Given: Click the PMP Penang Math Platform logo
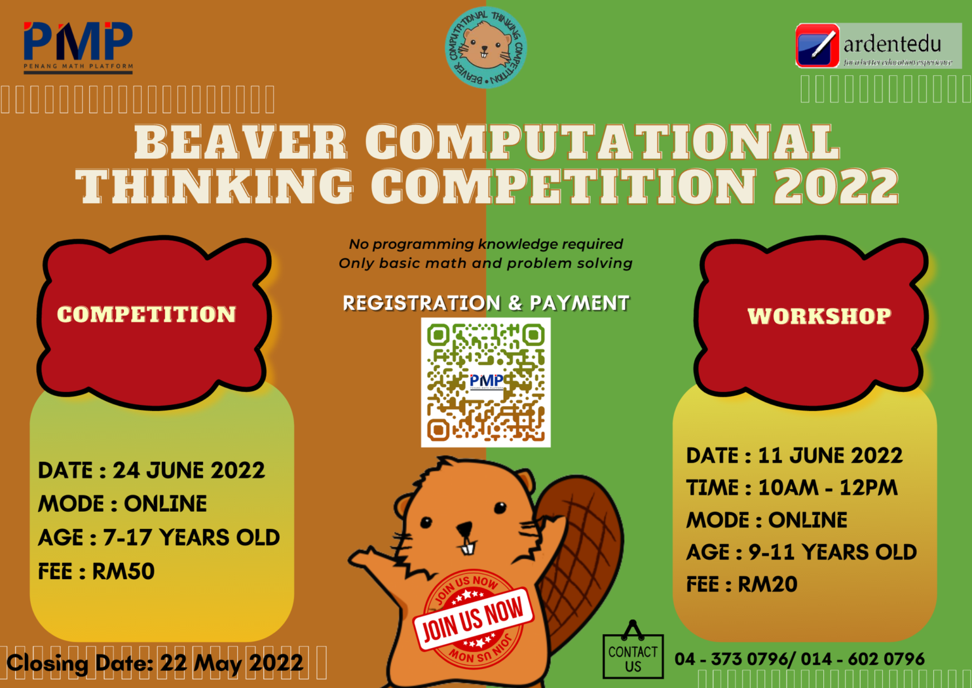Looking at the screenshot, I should click(78, 46).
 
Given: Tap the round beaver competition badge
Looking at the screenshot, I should click(485, 48).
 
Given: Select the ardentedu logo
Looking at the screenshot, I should click(878, 46).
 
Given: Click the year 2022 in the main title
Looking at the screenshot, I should click(835, 188).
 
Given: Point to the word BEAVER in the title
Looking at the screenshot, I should click(240, 142).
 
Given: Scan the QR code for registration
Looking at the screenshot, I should click(485, 382).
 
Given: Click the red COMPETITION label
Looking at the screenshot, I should click(147, 315).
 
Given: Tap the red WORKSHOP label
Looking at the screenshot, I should click(819, 316).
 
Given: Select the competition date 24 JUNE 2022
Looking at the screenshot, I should click(189, 471).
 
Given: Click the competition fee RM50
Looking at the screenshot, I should click(123, 571).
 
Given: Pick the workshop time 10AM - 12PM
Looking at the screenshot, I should click(828, 488).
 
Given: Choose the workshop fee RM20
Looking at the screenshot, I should click(768, 584).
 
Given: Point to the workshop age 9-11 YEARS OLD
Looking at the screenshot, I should click(832, 552).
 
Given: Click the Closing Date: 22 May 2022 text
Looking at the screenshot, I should click(155, 663).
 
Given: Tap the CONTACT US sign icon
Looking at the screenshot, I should click(633, 654).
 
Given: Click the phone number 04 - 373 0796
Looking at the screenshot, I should click(731, 659).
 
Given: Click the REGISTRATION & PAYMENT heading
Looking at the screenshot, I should click(485, 303).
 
